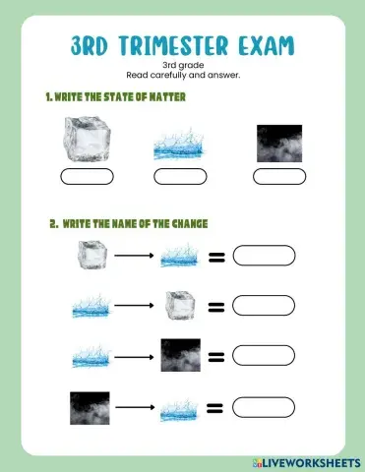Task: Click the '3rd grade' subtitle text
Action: pyautogui.click(x=182, y=65)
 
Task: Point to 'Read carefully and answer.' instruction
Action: pyautogui.click(x=182, y=76)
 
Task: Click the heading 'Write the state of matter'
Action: pyautogui.click(x=115, y=97)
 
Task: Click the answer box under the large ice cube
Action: pyautogui.click(x=87, y=177)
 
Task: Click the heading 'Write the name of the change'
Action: pyautogui.click(x=128, y=224)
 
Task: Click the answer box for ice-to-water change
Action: pyautogui.click(x=264, y=259)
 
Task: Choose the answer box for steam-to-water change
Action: pyautogui.click(x=264, y=405)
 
